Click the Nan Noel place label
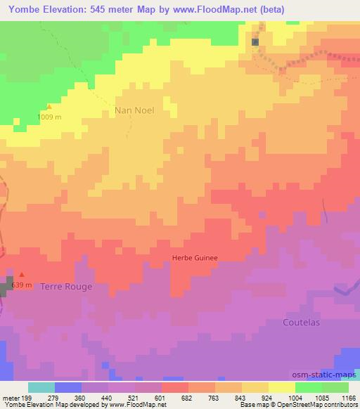(134, 110)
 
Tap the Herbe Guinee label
(195, 258)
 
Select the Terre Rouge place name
(66, 287)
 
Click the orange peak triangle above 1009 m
(49, 107)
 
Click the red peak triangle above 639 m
(22, 275)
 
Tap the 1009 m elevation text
(50, 117)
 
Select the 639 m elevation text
(22, 284)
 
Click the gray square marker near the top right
(255, 41)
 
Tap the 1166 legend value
(347, 398)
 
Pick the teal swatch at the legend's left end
(41, 387)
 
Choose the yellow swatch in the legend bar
(281, 387)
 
